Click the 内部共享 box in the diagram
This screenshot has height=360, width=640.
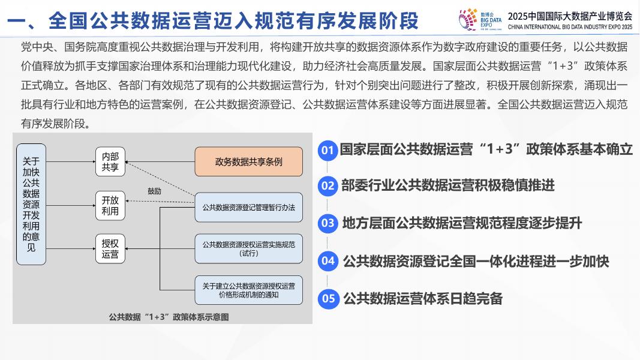point(110,161)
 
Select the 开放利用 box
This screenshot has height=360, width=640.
point(110,205)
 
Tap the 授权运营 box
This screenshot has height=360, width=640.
point(110,248)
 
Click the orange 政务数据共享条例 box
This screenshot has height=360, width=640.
point(248,161)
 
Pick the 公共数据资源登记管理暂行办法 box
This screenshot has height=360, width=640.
point(248,208)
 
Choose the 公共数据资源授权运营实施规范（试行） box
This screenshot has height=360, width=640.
point(248,248)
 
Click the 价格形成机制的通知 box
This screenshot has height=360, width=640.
point(248,290)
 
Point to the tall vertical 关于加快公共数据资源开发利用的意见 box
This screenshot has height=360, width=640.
point(31,204)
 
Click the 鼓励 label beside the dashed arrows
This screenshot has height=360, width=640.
point(154,191)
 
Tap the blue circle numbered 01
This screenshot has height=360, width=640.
point(327,150)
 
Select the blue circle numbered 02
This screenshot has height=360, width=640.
point(327,186)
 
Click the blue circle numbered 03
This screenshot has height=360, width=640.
point(327,224)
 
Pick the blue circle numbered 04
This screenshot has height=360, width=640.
point(327,261)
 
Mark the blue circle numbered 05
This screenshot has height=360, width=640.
point(327,298)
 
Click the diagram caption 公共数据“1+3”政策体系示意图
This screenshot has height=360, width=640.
point(169,317)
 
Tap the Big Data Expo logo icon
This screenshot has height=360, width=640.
point(468,19)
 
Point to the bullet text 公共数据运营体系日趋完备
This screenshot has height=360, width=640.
point(423,298)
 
